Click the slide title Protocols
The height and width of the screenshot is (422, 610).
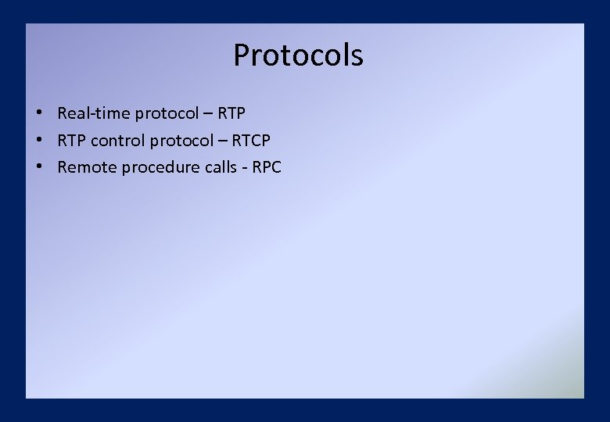(x=298, y=55)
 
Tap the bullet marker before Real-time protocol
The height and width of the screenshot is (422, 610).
(x=38, y=113)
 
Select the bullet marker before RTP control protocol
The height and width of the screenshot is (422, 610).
(x=38, y=141)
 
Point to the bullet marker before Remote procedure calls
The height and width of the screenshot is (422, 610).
(x=38, y=167)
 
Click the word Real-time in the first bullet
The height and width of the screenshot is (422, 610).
(x=94, y=113)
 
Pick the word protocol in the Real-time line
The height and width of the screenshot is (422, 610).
(x=167, y=114)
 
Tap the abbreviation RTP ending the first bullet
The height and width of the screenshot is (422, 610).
(x=231, y=113)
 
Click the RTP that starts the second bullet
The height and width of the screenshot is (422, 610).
(x=72, y=141)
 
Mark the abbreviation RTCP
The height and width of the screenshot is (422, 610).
(x=251, y=141)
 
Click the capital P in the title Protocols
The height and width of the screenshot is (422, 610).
(x=242, y=55)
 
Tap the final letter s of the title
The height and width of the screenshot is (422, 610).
(x=357, y=58)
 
